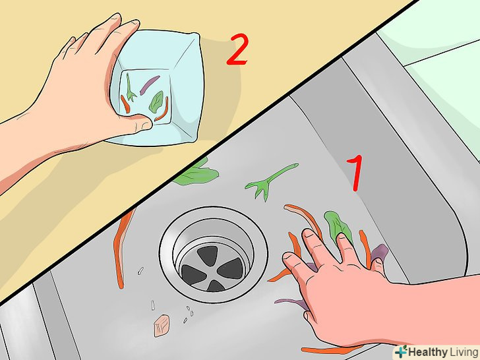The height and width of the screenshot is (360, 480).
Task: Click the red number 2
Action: pos(237,49)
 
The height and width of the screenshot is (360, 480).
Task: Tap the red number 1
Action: pos(355,173)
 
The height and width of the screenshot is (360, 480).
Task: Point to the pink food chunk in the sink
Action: pos(162,326)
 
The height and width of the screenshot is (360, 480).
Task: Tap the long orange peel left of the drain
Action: pos(121,248)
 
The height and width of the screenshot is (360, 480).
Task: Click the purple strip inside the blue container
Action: pos(150,85)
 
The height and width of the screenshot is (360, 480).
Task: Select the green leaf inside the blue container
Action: pos(156,102)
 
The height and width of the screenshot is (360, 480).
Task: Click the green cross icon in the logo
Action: pos(400,352)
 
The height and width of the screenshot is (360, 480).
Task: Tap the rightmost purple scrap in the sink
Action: pos(380,253)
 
